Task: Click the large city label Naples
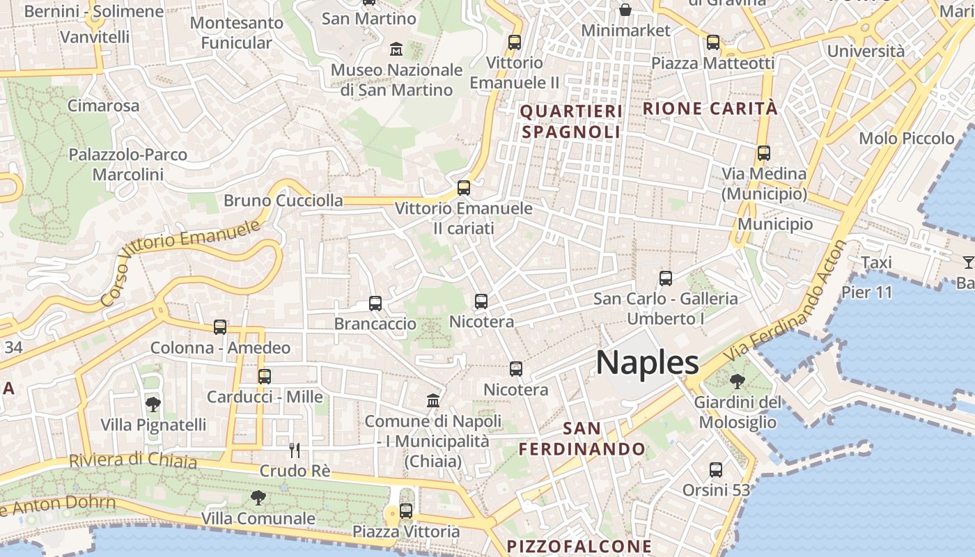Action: coord(647,363)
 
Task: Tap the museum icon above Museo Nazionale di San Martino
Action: coord(396,49)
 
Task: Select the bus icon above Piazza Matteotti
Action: coord(712,42)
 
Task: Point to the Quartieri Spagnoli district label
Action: coord(571,121)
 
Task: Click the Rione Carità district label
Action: coord(710,109)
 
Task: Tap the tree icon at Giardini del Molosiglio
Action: coord(737,381)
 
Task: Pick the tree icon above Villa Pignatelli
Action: coord(153,404)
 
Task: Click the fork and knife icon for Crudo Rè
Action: coord(295,450)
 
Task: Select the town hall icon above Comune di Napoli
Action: coord(433,401)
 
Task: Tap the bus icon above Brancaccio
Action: coord(375,304)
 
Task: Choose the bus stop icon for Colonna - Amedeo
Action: coord(220,327)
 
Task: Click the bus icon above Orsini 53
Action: coord(715,470)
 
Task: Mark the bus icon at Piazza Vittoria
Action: coord(406,511)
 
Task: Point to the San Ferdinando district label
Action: coord(582,439)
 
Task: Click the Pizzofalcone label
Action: coord(579,546)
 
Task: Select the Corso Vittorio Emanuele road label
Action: coord(181,262)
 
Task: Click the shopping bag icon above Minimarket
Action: coord(625,10)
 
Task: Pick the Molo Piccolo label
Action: coord(906,138)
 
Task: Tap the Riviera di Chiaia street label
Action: coord(133,460)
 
